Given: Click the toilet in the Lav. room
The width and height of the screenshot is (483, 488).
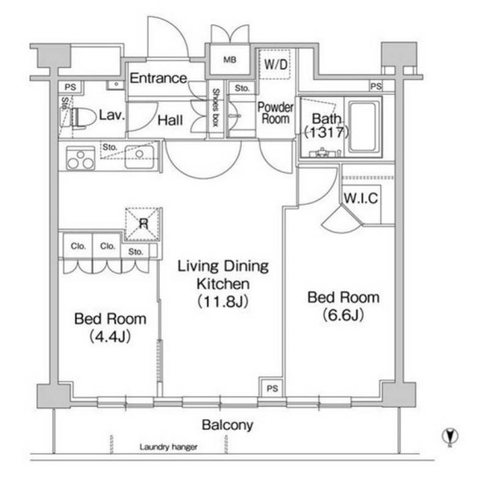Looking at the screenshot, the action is click(x=83, y=118).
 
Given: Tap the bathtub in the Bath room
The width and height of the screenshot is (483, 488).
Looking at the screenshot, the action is click(x=363, y=127).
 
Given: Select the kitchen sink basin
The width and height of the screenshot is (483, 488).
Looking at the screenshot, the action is click(x=140, y=157).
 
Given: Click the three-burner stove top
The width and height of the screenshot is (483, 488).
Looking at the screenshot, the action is click(x=80, y=158).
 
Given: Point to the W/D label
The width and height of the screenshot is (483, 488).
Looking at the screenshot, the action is click(x=275, y=65).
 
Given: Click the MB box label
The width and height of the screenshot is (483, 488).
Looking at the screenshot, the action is click(x=230, y=59).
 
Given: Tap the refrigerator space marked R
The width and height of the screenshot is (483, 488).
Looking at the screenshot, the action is click(x=143, y=223).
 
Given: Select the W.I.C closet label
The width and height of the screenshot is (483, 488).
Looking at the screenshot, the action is click(x=361, y=198).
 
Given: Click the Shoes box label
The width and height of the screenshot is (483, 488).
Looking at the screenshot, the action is click(x=216, y=107).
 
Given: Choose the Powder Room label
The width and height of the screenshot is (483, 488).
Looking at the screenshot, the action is click(x=275, y=113).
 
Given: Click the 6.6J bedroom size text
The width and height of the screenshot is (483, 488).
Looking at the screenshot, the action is click(x=343, y=315).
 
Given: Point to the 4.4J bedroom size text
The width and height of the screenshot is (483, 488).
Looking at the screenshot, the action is click(x=110, y=336).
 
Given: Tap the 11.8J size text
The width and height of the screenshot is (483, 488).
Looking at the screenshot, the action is click(x=223, y=301).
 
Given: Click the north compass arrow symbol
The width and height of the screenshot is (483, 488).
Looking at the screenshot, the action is click(x=450, y=436).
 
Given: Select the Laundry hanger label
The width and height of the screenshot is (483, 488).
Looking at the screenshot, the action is click(x=169, y=447).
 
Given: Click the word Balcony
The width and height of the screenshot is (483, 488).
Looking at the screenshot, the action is click(x=227, y=425).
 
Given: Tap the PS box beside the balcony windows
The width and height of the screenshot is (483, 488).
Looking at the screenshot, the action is click(x=272, y=388).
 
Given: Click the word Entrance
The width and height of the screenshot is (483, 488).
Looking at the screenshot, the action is click(x=158, y=78).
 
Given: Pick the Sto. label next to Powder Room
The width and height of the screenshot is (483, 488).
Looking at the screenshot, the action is click(x=242, y=88).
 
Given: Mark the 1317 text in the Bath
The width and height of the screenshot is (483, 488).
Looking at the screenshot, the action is click(x=327, y=133).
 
